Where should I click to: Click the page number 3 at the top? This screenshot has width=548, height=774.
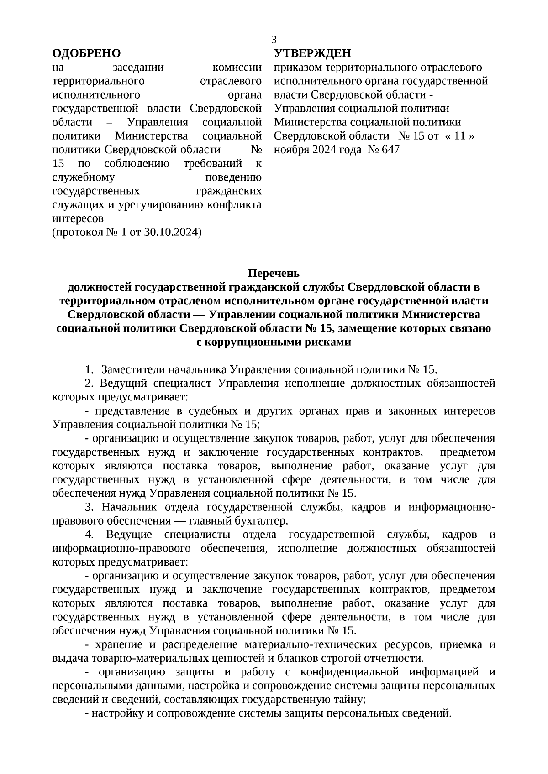click(x=274, y=40)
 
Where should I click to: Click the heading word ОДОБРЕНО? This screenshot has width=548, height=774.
click(x=86, y=54)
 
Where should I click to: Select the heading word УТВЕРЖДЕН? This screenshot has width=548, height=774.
click(x=313, y=54)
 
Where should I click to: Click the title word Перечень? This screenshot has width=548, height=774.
click(x=274, y=273)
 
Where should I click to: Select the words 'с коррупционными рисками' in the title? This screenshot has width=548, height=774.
click(x=274, y=342)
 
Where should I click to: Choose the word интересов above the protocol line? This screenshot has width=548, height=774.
click(x=78, y=218)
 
